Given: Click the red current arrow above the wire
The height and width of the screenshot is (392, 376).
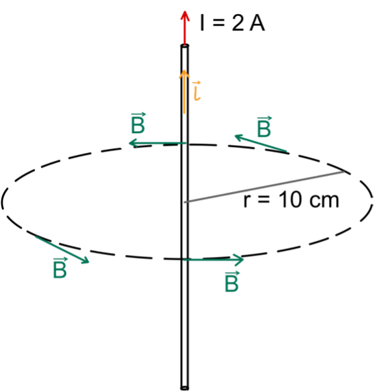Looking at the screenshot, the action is [185, 28].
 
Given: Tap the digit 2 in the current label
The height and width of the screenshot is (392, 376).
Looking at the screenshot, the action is [238, 23].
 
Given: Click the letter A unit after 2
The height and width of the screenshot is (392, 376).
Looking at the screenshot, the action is [257, 23].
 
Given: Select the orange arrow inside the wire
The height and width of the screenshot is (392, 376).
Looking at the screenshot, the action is [184, 92].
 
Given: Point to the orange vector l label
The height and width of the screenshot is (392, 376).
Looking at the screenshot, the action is [197, 91].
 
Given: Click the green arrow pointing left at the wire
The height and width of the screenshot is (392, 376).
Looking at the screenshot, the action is [158, 143].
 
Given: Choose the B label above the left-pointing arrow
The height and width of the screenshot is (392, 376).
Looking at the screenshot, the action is [138, 123].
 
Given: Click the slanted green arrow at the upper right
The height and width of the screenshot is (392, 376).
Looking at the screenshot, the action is [261, 143].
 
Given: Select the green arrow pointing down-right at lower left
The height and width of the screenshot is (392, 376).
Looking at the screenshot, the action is [62, 249].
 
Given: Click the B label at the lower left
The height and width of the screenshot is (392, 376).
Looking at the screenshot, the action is [60, 268].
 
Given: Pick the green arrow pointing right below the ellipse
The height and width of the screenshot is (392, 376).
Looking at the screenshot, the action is [213, 260].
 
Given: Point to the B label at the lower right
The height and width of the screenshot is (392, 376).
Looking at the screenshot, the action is [232, 281].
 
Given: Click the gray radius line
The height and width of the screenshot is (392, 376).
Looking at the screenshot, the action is [263, 187].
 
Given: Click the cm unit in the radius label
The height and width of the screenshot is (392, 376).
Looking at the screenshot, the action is [324, 201].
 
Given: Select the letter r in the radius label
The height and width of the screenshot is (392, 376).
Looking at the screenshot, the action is [247, 201].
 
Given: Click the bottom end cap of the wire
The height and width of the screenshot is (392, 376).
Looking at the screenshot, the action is [185, 388].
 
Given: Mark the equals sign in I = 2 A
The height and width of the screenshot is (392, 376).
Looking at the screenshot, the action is [218, 23].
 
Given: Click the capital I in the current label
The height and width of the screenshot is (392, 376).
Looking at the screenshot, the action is [203, 23].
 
